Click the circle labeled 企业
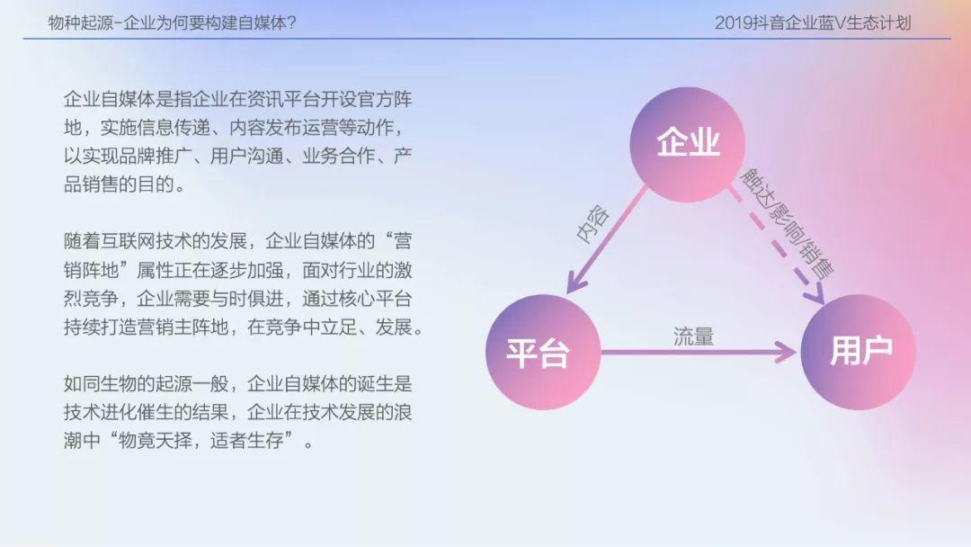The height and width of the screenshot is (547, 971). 688,144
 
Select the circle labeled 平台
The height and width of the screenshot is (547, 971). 543,352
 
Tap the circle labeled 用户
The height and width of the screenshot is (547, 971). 859,352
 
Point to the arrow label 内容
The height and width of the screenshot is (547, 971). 592,224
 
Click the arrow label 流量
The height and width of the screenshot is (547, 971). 693,336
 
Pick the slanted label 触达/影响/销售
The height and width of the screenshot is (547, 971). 787,222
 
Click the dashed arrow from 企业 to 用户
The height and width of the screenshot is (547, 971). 777,246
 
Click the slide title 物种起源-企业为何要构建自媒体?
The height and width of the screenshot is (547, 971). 173,22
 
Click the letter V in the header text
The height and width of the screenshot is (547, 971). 840,23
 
